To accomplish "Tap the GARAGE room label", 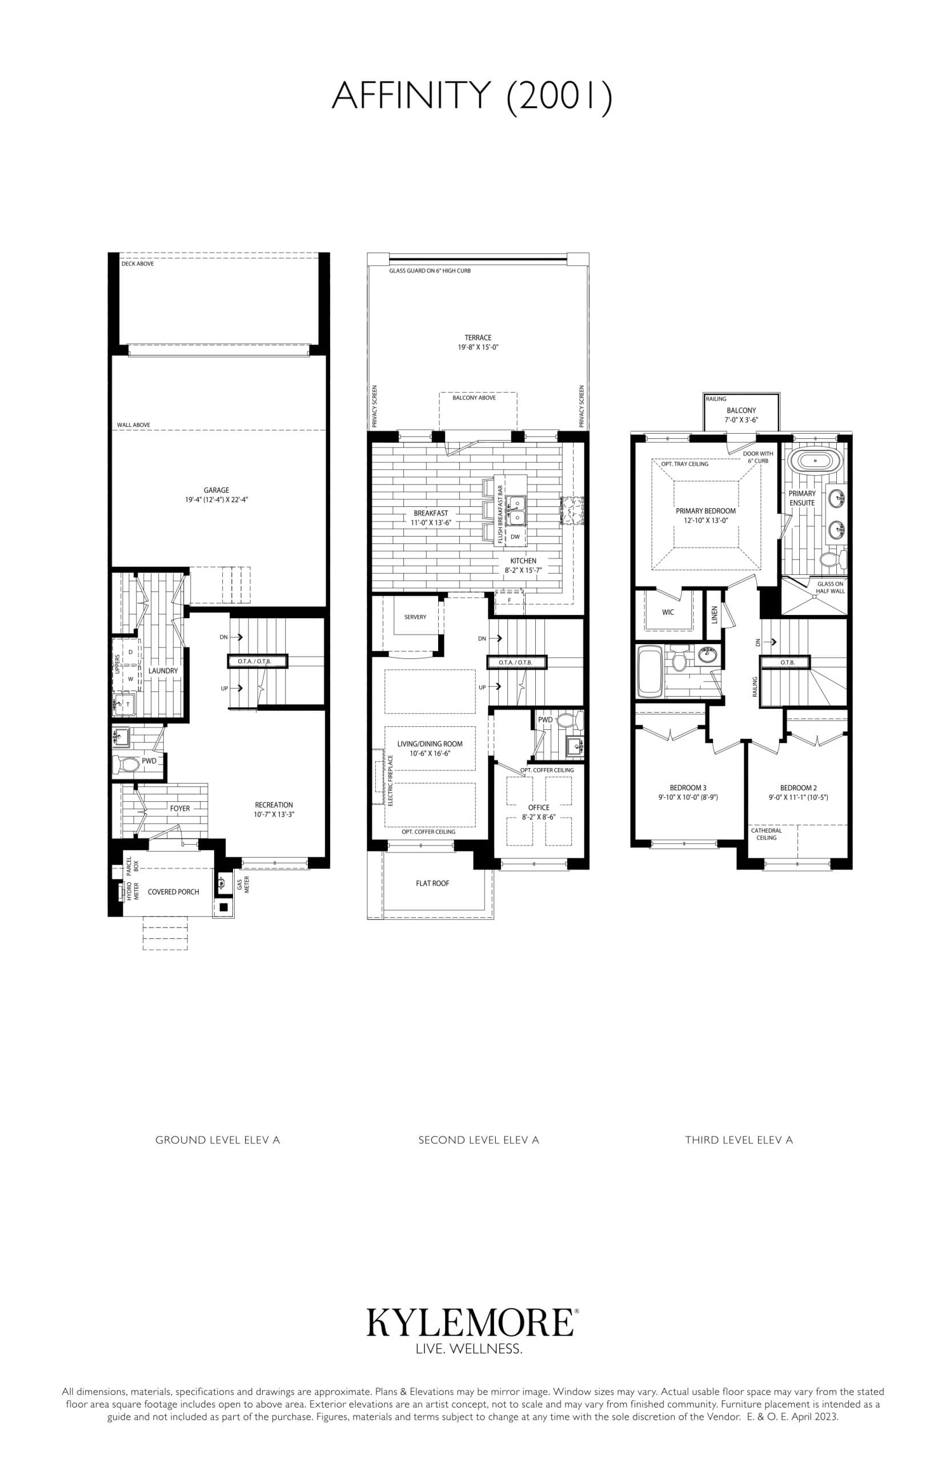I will [x=217, y=490].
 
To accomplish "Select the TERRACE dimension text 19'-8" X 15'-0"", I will [x=478, y=347].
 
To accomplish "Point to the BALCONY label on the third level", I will [x=741, y=410].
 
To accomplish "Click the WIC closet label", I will [x=668, y=612].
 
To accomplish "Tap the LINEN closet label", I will [x=715, y=614].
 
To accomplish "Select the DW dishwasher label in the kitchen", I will [x=515, y=537].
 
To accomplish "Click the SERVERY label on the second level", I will [x=415, y=617].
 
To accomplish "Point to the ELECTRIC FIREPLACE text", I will [x=391, y=780].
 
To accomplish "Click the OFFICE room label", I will [x=539, y=808].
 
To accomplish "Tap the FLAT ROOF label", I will [x=432, y=883].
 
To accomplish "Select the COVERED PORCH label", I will [x=173, y=892].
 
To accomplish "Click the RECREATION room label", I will [x=274, y=804].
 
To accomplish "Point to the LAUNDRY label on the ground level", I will [x=163, y=670].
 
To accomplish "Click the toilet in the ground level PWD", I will [x=129, y=765].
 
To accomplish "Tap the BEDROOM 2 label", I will [x=798, y=788].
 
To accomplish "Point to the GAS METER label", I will [x=243, y=885].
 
